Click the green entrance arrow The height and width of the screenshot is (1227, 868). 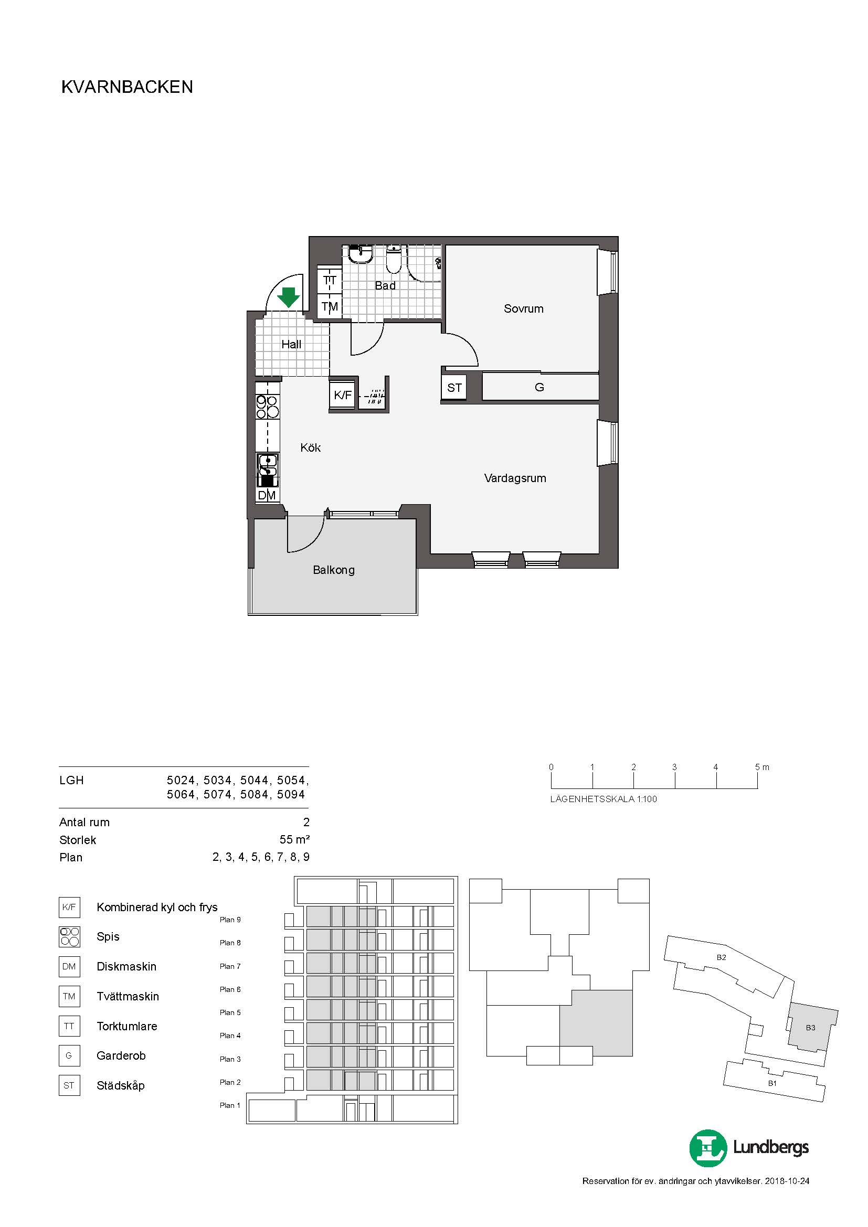(289, 297)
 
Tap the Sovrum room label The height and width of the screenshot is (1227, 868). (523, 308)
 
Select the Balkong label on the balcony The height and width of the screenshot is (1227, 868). (334, 570)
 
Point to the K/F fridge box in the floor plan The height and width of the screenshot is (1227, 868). (343, 395)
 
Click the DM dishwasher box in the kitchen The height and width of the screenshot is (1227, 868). (267, 495)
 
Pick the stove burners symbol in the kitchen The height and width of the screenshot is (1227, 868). (267, 406)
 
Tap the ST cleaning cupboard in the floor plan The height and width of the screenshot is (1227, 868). (454, 388)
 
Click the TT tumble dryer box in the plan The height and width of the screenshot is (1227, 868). (330, 280)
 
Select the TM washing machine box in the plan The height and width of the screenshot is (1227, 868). (330, 307)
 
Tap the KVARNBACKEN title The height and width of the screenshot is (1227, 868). (127, 87)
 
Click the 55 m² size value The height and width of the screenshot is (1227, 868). (294, 839)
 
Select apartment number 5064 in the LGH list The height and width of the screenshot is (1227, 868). (181, 794)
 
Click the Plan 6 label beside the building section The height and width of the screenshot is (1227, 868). (230, 989)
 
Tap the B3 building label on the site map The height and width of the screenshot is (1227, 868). (810, 1028)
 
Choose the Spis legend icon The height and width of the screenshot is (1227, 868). (69, 937)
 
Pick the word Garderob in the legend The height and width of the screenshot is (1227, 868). (121, 1055)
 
